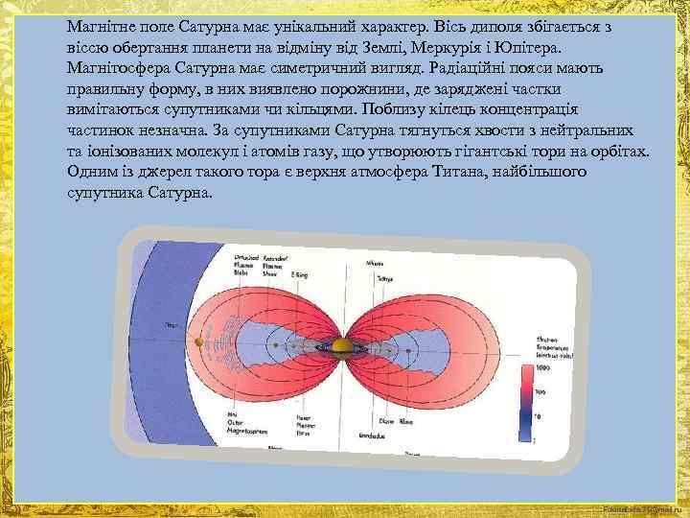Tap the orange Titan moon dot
point(198,341)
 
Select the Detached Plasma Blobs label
point(248,265)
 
